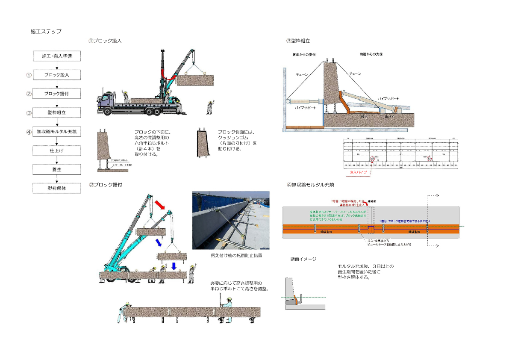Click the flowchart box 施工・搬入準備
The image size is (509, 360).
[56, 56]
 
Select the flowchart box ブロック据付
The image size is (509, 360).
[56, 94]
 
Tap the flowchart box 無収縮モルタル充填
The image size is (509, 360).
[56, 132]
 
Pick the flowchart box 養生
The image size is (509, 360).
[56, 169]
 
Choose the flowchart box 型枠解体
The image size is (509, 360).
[56, 188]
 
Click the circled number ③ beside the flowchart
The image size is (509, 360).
[29, 113]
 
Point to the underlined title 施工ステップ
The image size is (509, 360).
[46, 32]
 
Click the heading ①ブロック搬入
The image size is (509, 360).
[105, 41]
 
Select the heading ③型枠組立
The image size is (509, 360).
[298, 41]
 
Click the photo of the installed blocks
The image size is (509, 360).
[231, 220]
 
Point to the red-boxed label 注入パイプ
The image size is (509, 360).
[358, 172]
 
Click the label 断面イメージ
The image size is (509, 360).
[303, 259]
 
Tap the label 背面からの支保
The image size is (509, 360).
[304, 55]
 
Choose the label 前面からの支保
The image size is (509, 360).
[371, 54]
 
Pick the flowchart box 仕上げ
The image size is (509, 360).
[56, 150]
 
